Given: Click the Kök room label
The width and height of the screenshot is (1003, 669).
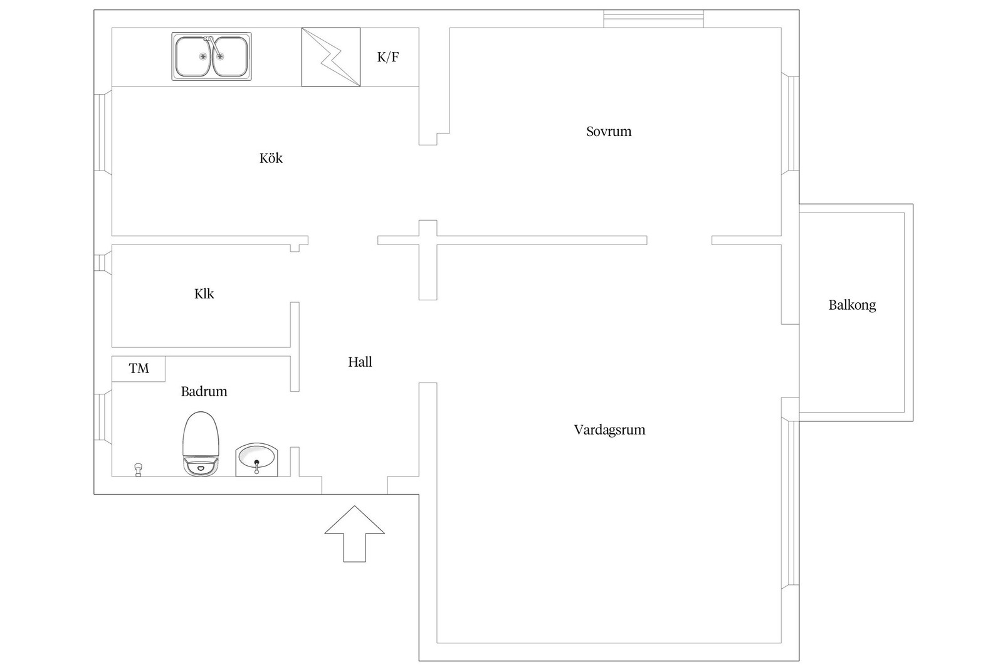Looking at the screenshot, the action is (271, 158).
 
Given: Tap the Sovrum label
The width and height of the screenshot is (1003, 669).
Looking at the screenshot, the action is (609, 131).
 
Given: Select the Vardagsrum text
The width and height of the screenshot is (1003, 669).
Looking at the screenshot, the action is (609, 430).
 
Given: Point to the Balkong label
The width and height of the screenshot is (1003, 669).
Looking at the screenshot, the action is (852, 305).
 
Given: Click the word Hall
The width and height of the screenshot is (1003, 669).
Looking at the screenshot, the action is (360, 362).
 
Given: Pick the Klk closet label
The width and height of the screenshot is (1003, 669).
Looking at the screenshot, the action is (204, 294).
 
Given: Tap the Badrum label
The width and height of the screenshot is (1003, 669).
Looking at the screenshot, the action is (204, 391).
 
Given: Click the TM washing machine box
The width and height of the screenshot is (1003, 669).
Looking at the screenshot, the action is (139, 369).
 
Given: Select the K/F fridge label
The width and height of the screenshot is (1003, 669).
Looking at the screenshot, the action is (388, 57).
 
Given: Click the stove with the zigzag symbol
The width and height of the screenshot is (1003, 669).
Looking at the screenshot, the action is (331, 57).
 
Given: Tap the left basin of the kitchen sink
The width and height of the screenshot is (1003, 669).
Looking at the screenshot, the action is (193, 56).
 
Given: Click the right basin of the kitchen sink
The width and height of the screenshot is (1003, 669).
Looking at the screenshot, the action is (229, 56).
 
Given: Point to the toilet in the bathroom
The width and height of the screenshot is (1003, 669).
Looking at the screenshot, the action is (201, 444).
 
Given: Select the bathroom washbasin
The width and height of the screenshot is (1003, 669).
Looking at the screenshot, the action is (256, 460).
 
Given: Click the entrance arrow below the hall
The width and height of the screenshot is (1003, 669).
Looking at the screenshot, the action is (355, 534).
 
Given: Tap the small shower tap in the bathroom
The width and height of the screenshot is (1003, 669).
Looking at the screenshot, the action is (139, 470).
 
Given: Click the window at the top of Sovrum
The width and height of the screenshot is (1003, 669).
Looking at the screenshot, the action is (654, 19).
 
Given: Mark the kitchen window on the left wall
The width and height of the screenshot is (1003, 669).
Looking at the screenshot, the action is (103, 132).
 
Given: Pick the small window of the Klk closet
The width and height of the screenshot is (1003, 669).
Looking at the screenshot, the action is (103, 262).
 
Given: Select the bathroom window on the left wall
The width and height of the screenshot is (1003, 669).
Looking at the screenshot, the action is (103, 417).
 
